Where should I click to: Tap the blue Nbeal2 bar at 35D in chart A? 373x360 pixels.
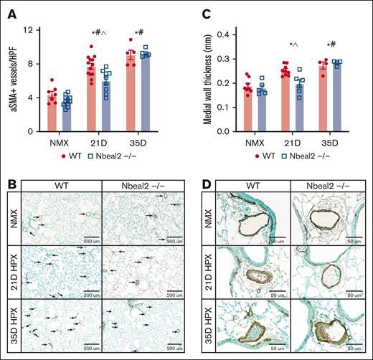[x=146, y=93]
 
